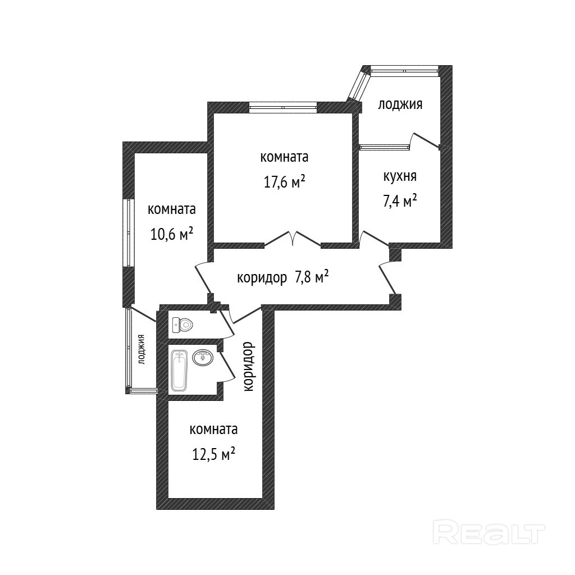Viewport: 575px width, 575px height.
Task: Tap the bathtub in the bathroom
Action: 179,370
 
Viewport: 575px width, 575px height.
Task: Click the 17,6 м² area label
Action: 285,181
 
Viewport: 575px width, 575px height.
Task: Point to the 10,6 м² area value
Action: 172,234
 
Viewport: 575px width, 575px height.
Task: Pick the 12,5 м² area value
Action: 213,454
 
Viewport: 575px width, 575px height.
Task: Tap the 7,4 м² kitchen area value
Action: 400,200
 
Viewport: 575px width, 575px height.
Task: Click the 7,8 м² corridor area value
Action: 311,277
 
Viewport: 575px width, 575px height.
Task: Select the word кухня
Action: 400,176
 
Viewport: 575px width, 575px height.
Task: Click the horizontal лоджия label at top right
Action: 400,104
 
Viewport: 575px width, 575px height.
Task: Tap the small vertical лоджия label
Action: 141,349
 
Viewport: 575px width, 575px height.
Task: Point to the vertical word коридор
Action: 249,367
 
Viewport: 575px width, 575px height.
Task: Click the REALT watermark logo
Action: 489,531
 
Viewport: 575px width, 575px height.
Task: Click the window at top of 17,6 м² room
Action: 283,107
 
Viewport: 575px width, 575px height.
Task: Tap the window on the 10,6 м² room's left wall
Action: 128,233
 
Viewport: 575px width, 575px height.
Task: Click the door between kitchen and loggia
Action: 426,141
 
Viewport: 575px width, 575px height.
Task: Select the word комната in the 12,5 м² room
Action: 213,430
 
